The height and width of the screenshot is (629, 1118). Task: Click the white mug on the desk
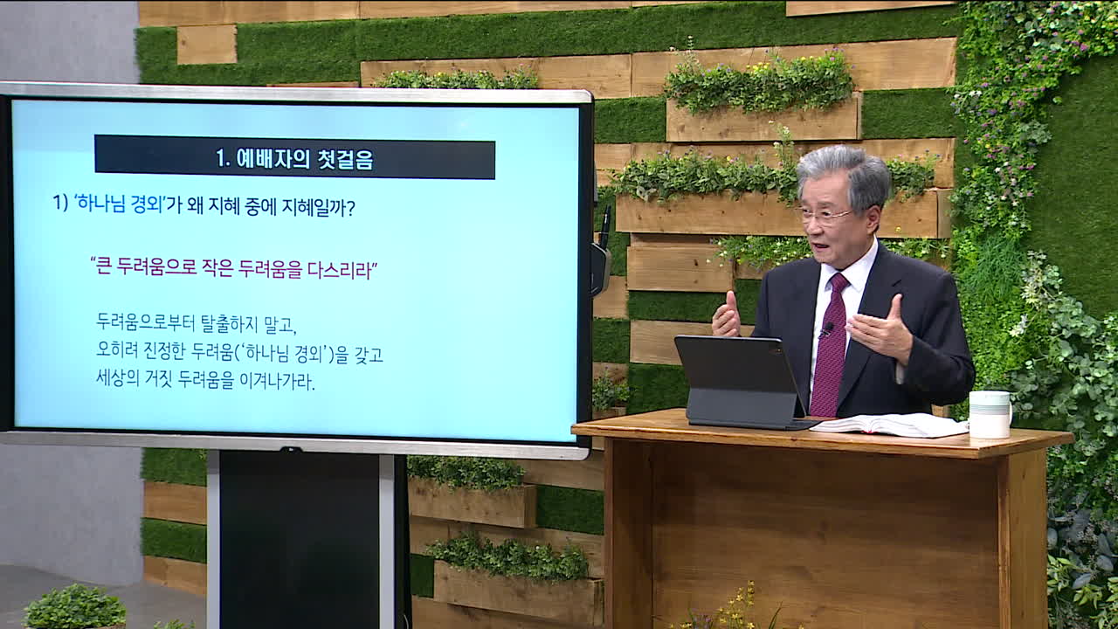990,414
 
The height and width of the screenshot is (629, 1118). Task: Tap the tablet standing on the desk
739,382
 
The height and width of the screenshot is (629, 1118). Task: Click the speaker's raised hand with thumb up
727,315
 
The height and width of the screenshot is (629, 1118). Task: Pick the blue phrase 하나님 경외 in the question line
120,204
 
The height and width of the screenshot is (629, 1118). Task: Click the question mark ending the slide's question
350,208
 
